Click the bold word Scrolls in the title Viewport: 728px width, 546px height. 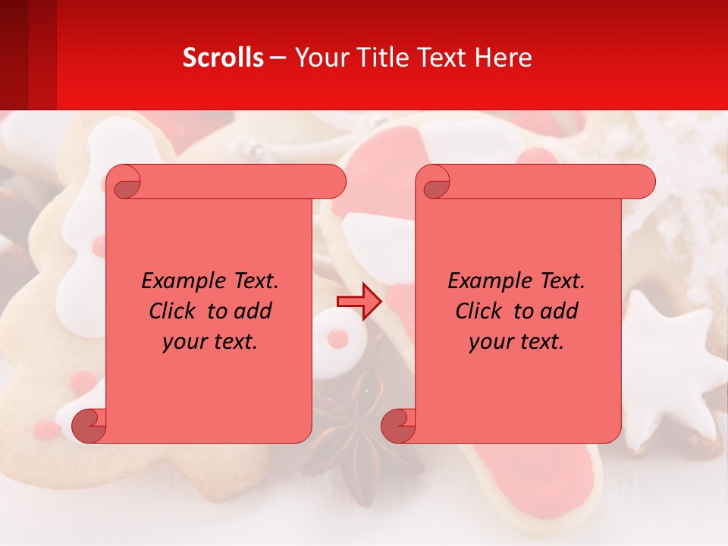[x=223, y=58]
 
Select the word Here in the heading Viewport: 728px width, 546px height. [x=503, y=58]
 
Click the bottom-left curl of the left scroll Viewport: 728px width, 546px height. [x=89, y=426]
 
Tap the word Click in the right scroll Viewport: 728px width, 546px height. [x=479, y=311]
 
